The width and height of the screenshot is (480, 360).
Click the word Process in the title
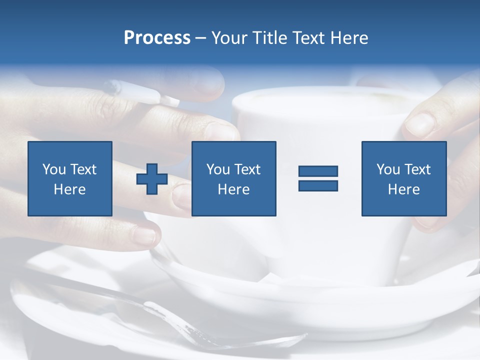(157, 38)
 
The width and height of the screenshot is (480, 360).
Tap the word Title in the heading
(269, 38)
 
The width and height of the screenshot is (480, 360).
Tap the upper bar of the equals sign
(318, 171)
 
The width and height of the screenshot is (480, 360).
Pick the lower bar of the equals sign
(318, 185)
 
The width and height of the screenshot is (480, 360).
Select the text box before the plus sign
(70, 178)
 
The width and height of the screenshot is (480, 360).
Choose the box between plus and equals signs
(234, 178)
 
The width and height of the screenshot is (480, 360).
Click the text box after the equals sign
(404, 178)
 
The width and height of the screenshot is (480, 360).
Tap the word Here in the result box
(403, 189)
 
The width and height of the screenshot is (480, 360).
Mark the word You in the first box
(54, 169)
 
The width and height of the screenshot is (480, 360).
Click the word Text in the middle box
(247, 169)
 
